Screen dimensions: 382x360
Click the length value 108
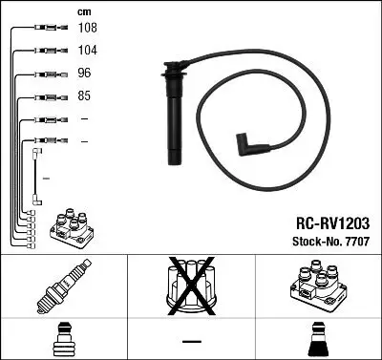(87, 29)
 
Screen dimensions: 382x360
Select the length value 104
(87, 50)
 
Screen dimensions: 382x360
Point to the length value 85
(85, 95)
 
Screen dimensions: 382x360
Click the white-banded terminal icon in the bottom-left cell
(63, 341)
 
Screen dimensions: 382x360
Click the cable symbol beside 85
(43, 96)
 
